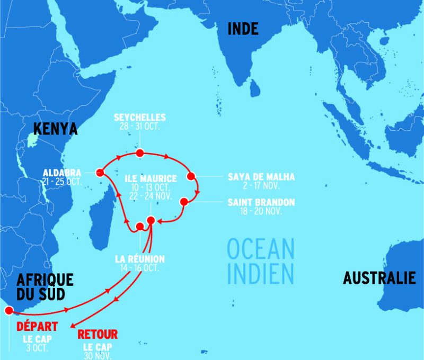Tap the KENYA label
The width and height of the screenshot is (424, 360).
tap(55, 129)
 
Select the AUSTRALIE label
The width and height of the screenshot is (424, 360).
tap(379, 277)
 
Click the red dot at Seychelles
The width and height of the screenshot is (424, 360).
tap(140, 154)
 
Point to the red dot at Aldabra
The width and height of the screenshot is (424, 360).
tap(99, 173)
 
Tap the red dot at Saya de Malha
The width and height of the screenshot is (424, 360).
tap(191, 176)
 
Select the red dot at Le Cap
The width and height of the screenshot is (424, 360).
tap(9, 311)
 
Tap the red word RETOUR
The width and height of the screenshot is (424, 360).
tap(98, 335)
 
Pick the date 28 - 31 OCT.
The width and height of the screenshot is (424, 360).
tap(140, 126)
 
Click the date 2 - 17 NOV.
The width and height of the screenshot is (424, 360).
tap(261, 186)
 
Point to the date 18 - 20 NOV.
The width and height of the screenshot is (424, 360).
tap(261, 211)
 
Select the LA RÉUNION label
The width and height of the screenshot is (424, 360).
tap(140, 259)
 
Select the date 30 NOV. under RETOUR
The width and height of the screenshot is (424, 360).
tap(98, 355)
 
